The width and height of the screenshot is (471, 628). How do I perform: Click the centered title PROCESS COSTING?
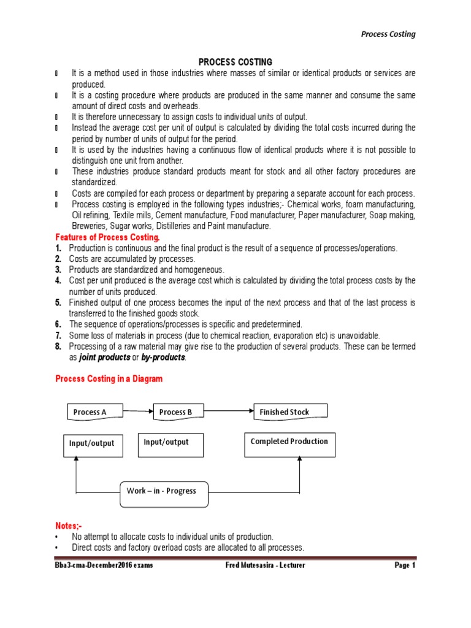point(235,62)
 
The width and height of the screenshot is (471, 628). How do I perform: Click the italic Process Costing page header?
point(387,34)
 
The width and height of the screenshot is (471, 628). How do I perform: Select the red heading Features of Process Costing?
point(107,237)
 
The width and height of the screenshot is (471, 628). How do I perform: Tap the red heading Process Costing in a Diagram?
point(109,379)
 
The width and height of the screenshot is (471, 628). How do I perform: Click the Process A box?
point(94,412)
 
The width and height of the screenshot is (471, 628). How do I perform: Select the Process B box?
point(178,412)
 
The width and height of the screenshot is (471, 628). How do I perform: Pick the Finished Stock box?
point(290,412)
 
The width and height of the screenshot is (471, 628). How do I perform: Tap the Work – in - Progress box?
point(164,491)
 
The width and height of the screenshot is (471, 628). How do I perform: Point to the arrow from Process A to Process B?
point(139,412)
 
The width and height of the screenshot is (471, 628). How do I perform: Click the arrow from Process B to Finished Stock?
point(228,412)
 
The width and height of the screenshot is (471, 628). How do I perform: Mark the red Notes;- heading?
point(68,526)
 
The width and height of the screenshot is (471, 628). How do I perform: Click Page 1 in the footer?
point(404,565)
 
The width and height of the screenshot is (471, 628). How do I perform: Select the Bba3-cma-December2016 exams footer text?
point(104,565)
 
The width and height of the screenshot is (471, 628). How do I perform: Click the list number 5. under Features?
point(58,303)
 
